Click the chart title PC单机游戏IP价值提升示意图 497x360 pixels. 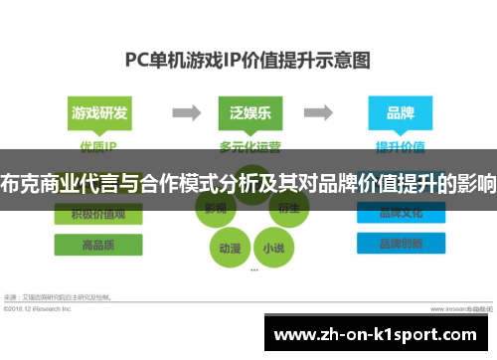248,58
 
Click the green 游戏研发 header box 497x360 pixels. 99,112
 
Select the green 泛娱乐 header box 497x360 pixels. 247,112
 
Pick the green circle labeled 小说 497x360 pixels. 271,246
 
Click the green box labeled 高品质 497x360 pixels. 97,244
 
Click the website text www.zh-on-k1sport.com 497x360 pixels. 379,334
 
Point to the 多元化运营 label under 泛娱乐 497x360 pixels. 248,146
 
